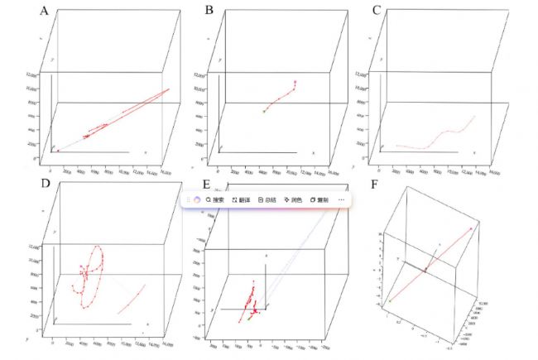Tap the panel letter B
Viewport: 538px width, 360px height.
click(x=209, y=12)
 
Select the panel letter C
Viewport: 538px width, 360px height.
click(x=377, y=12)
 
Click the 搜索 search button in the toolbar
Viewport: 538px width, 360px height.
click(x=214, y=200)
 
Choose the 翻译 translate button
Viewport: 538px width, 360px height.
click(x=241, y=200)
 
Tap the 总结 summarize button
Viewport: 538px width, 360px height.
click(x=267, y=200)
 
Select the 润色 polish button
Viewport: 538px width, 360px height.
click(x=294, y=200)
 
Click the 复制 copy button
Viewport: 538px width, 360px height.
click(x=320, y=200)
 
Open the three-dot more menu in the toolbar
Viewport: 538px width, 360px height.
click(x=341, y=200)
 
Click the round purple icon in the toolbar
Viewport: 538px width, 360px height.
click(x=198, y=200)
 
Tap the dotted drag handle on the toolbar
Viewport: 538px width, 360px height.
click(x=189, y=200)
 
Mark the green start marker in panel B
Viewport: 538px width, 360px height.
click(x=264, y=111)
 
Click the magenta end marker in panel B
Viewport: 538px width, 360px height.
click(x=295, y=81)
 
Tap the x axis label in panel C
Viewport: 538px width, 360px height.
click(x=473, y=153)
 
